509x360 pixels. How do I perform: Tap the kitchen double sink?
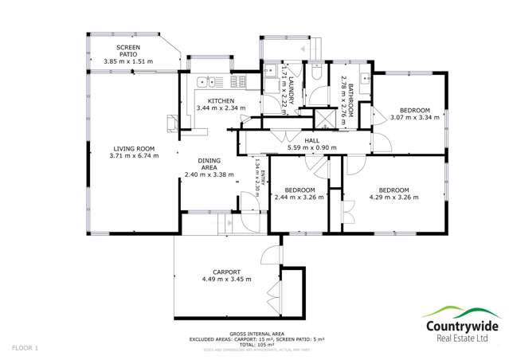coord(209,81)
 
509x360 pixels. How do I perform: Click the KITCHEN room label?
coord(221,101)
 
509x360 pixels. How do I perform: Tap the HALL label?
coord(300,140)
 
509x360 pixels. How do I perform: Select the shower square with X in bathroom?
coord(326,119)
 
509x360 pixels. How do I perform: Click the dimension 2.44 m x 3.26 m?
coord(299,198)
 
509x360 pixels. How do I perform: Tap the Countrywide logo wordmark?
coord(456,326)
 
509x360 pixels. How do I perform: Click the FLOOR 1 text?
coord(25,349)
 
